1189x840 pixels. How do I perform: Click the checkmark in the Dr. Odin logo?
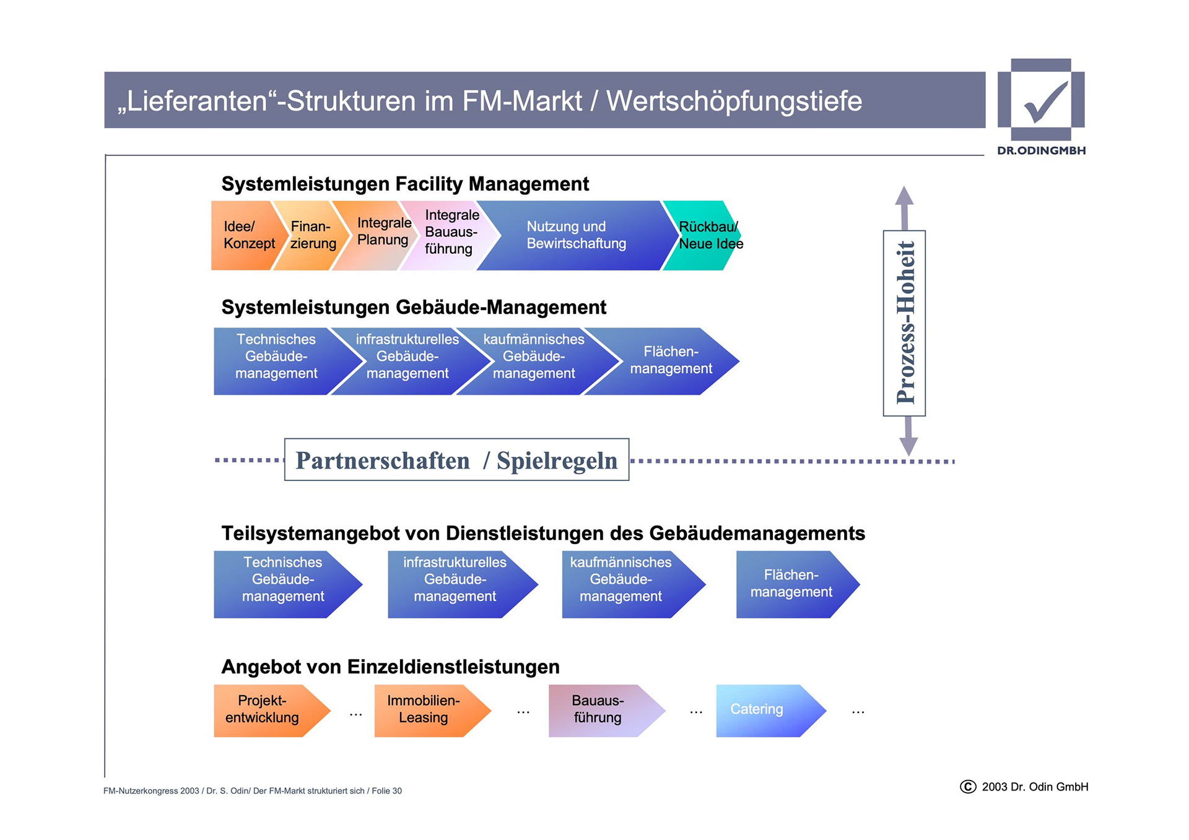1045,102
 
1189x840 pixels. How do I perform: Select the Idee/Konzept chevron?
244,235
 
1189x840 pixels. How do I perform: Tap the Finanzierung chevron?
310,235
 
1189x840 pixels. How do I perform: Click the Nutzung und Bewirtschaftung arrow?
576,235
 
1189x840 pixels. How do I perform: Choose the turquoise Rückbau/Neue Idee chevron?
703,235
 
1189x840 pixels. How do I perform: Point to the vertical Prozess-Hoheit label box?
904,323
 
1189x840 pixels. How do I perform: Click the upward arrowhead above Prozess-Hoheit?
904,197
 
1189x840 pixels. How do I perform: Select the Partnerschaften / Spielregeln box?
456,460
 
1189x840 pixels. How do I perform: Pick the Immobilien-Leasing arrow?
427,710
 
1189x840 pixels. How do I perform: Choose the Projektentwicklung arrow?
266,710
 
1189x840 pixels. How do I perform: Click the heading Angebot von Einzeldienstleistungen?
390,667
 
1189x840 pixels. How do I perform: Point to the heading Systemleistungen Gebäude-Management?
414,307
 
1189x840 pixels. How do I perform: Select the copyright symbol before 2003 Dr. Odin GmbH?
967,787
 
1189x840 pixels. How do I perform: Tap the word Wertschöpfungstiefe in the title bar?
734,101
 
